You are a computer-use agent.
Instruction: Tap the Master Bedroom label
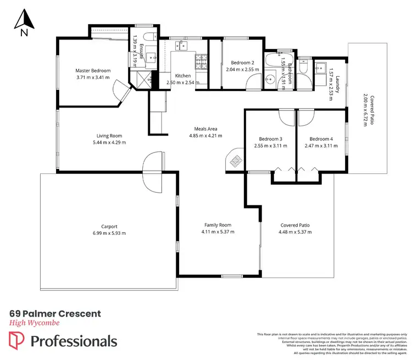93,71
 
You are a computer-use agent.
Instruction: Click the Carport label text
109,226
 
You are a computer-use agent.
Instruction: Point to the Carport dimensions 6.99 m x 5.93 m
109,233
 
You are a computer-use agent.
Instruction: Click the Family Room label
218,225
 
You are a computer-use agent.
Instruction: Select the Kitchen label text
182,76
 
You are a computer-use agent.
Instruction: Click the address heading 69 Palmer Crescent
55,313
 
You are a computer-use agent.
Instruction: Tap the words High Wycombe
34,323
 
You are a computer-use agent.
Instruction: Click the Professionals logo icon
18,341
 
